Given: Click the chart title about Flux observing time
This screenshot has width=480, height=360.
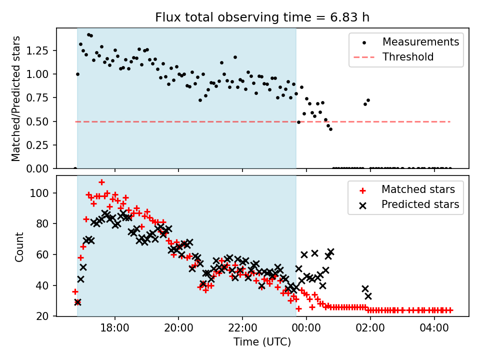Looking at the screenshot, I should (x=262, y=17).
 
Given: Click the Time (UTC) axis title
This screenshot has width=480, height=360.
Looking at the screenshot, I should (x=262, y=342).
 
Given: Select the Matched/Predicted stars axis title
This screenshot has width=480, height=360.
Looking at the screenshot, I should (x=16, y=98).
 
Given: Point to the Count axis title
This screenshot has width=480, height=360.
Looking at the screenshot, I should (x=19, y=246).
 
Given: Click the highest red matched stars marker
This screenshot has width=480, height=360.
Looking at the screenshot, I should (x=101, y=182).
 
